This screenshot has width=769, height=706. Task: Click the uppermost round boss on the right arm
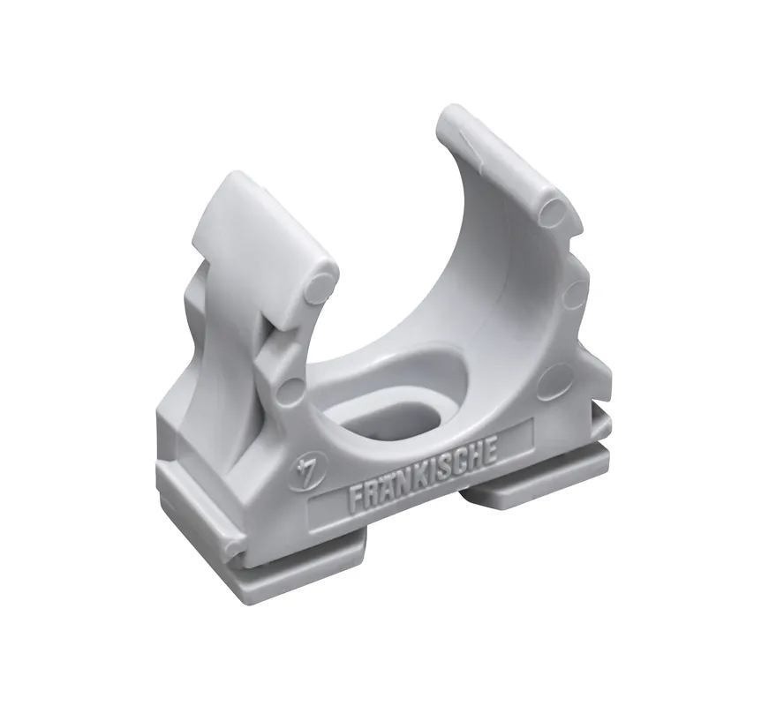554,211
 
